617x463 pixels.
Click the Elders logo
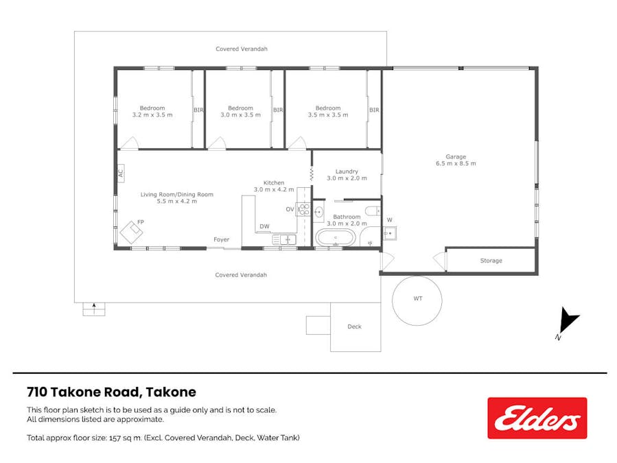[537, 418]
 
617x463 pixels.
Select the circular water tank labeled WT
[417, 300]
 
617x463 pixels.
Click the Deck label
[354, 327]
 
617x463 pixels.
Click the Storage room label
[491, 261]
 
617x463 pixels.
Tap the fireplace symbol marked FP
[132, 231]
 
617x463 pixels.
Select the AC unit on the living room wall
[121, 173]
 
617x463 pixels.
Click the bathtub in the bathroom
[336, 238]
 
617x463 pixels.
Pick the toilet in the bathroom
[371, 211]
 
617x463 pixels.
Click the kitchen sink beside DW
[283, 239]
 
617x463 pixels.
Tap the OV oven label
[290, 209]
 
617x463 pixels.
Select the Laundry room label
[347, 171]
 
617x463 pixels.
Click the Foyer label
[221, 239]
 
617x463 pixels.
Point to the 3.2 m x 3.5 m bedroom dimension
[152, 115]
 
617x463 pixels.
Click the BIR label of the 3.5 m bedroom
[374, 110]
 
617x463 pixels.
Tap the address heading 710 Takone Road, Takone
[111, 392]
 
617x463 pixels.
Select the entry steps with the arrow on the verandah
[94, 309]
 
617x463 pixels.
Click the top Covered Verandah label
[241, 49]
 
